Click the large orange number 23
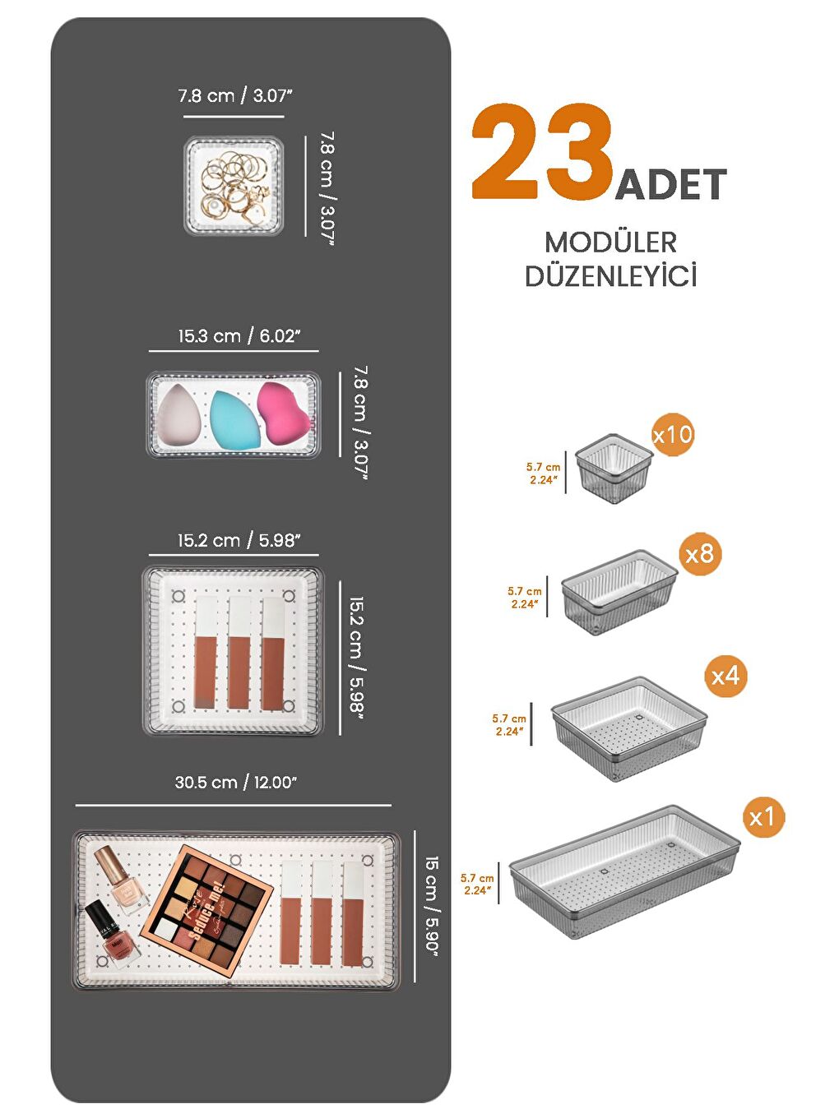[x=543, y=152]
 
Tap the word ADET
[x=670, y=185]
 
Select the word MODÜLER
[x=610, y=243]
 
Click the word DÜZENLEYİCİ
[x=610, y=276]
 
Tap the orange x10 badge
[x=673, y=434]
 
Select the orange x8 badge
[x=700, y=553]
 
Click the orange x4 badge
[x=725, y=676]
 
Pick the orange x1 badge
[x=762, y=816]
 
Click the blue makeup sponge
[x=234, y=418]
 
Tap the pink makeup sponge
[x=283, y=411]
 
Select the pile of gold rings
[x=234, y=187]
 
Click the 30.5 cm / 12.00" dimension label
[x=235, y=783]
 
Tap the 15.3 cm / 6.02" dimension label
[x=239, y=336]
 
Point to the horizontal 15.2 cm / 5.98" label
[x=239, y=541]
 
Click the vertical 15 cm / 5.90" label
[x=432, y=905]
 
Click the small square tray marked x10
[x=613, y=469]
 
